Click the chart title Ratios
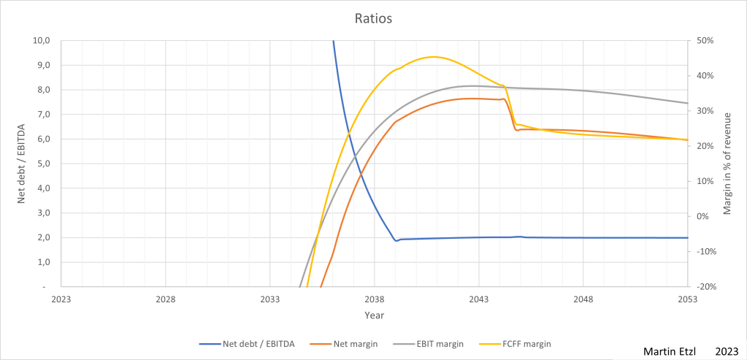tap(373, 19)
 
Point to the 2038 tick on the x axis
tap(374, 299)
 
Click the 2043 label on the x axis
tap(479, 299)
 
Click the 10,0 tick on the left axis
tap(42, 41)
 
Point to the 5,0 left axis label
tap(44, 164)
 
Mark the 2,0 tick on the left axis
tap(44, 237)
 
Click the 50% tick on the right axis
tap(705, 41)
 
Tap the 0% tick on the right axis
tap(702, 217)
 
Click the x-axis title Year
tap(374, 315)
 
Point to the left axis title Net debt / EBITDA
tap(22, 164)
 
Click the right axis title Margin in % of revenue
tap(727, 164)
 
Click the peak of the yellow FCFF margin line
tap(433, 56)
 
